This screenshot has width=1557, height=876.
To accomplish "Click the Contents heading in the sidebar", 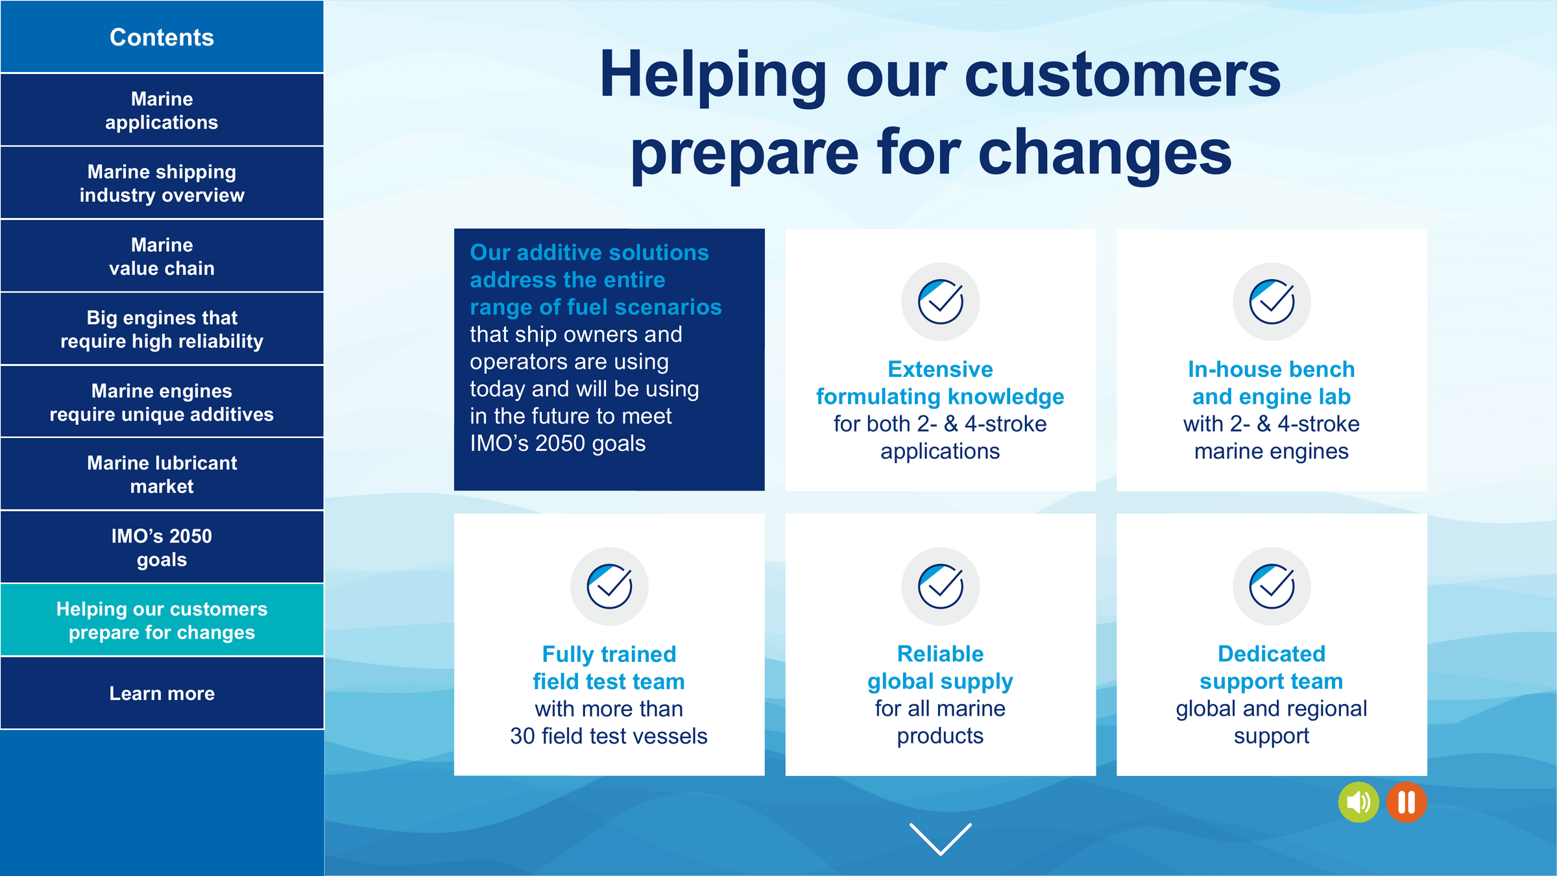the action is [x=162, y=37].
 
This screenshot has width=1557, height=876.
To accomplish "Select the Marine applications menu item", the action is [x=162, y=110].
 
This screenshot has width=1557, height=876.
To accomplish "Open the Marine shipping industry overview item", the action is [x=162, y=183].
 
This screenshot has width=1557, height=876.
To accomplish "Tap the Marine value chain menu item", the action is [x=162, y=256].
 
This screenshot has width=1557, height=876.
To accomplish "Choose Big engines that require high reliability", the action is [x=162, y=328].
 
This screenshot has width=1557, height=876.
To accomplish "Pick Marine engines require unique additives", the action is [x=162, y=402].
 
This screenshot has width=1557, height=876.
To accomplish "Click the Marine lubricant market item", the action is [x=162, y=474].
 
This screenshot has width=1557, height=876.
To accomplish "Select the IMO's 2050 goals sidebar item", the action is [x=162, y=547].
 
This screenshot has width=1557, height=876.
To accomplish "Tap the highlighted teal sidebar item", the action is [x=162, y=620].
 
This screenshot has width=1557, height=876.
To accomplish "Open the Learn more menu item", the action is [x=162, y=693].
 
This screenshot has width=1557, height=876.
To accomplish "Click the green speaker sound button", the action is [x=1358, y=803].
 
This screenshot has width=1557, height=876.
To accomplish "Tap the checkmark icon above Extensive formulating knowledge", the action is [x=940, y=302].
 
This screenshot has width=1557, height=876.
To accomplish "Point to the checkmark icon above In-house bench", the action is [x=1272, y=302].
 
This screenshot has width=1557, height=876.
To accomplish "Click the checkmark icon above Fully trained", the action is [x=609, y=587].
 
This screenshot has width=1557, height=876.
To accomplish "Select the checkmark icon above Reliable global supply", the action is [x=940, y=587].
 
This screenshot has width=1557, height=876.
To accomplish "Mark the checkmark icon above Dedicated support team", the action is [x=1272, y=587].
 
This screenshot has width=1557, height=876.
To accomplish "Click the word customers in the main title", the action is [x=1122, y=76].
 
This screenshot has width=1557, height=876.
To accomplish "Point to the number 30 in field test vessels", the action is [x=522, y=736].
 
